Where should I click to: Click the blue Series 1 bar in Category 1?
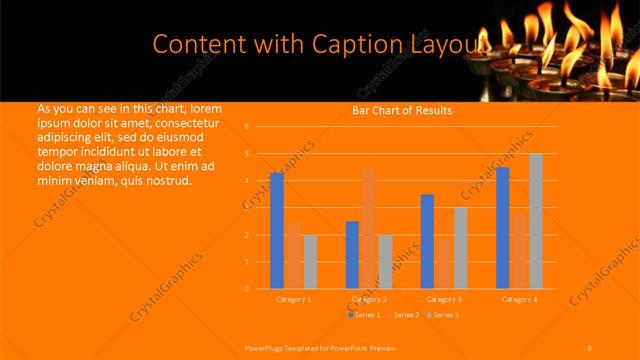tap(277, 231)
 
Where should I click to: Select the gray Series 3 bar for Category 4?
tap(536, 221)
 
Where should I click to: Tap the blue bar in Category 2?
tap(352, 255)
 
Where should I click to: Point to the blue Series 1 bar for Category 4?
tap(502, 228)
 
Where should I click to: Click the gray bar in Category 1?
tap(310, 262)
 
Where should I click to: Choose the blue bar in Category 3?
tap(427, 241)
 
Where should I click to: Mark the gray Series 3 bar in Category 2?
tap(385, 262)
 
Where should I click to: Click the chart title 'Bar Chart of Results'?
tap(401, 110)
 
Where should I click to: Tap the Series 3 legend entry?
tap(444, 315)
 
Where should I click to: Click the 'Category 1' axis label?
tap(294, 299)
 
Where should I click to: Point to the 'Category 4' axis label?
tap(519, 299)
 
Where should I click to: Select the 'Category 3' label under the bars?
tap(444, 299)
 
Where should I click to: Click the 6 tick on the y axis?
tap(246, 127)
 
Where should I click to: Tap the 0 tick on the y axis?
tap(246, 289)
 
